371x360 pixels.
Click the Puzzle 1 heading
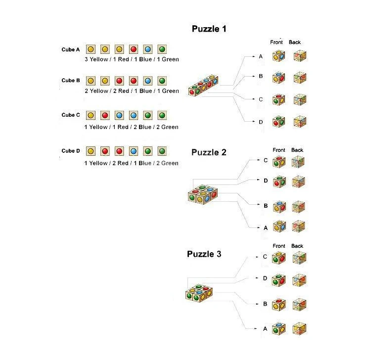click(209, 29)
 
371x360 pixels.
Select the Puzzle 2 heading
click(209, 152)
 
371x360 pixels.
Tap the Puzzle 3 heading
click(204, 254)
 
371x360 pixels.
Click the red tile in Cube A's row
click(134, 49)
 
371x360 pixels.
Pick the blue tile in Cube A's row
click(147, 49)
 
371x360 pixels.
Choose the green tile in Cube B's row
click(162, 81)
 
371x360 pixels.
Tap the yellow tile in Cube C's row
click(91, 115)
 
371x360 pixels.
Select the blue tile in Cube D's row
click(134, 151)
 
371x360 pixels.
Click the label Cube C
click(71, 115)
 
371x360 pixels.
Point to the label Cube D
click(71, 151)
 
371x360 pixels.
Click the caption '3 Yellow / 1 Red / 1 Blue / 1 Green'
click(132, 59)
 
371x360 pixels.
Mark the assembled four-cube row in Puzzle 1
click(203, 86)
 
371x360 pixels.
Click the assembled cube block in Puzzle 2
click(203, 194)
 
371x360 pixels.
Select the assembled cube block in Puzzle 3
click(199, 293)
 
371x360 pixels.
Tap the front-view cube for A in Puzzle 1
click(278, 56)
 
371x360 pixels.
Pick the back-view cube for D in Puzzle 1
click(300, 122)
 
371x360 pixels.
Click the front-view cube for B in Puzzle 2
click(279, 207)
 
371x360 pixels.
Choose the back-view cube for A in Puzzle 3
click(299, 328)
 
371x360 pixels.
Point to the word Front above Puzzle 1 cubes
click(277, 43)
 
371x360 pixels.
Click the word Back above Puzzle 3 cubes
click(297, 246)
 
